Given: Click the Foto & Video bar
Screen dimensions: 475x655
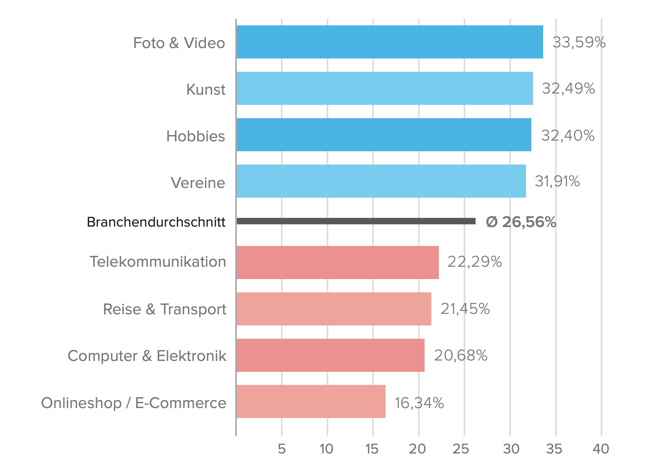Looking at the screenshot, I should tap(390, 42).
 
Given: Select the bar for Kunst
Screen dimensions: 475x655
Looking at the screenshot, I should tap(385, 88).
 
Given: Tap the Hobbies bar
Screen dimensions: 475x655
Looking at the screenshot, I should tap(384, 135).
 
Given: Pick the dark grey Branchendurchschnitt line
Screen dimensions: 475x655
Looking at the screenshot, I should tap(356, 221).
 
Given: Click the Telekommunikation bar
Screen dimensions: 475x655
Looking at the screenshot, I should tap(338, 262).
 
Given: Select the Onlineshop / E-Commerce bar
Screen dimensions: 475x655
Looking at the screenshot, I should tap(311, 401).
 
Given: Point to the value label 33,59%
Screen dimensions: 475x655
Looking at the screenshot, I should tap(579, 43).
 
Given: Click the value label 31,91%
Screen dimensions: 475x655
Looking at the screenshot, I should tap(557, 181).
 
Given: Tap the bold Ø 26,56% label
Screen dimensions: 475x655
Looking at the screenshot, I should tap(521, 222).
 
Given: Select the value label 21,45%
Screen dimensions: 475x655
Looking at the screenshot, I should tap(465, 309).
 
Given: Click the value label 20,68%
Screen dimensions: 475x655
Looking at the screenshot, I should tap(461, 355).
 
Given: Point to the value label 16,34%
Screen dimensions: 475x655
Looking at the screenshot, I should tap(419, 403).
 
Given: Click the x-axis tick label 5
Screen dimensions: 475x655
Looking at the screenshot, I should tap(282, 449).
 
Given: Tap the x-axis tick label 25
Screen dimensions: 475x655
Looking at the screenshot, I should tap(461, 449).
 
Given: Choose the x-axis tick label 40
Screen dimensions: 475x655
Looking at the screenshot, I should tap(601, 449).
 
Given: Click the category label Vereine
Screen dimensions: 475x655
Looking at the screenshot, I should tap(198, 183).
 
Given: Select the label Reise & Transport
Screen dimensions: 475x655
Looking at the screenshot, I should tap(165, 309).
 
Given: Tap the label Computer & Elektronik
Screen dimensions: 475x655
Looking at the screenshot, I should tap(147, 356).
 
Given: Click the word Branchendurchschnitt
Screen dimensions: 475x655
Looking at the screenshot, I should tap(156, 222).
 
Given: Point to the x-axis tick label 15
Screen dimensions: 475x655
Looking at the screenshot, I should tap(372, 449).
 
